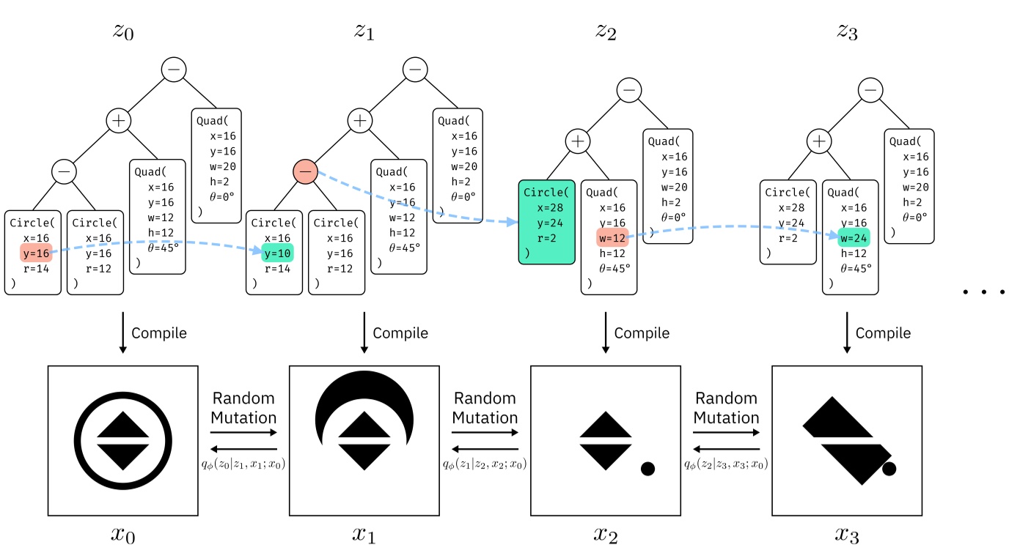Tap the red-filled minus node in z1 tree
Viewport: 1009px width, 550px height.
pyautogui.click(x=306, y=171)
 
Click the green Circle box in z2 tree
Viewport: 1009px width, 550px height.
pyautogui.click(x=546, y=221)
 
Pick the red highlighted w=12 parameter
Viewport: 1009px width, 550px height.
pyautogui.click(x=612, y=237)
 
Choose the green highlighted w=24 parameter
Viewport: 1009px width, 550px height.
pyautogui.click(x=854, y=237)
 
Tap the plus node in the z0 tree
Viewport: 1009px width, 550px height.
pyautogui.click(x=118, y=120)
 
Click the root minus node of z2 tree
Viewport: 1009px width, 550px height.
pyautogui.click(x=628, y=90)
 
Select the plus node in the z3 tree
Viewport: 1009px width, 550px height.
pyautogui.click(x=819, y=140)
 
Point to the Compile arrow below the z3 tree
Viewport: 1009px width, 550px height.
pyautogui.click(x=847, y=333)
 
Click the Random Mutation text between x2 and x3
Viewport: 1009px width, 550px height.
pyautogui.click(x=726, y=409)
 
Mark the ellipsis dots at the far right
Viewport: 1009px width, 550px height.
pyautogui.click(x=983, y=292)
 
